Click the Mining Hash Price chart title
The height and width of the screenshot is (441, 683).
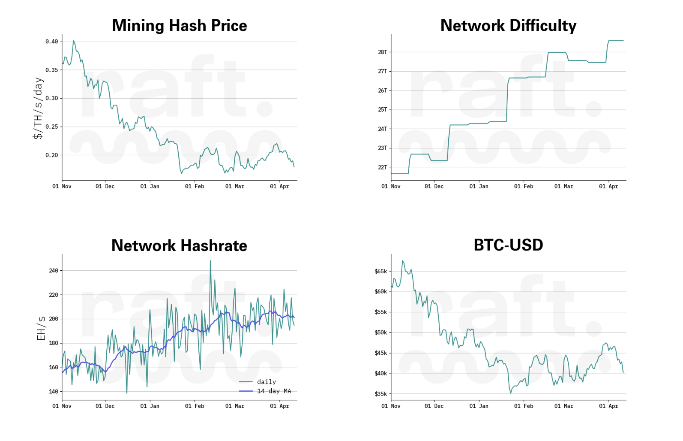(179, 26)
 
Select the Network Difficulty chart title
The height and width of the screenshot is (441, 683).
(508, 26)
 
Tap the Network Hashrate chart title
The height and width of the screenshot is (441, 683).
(179, 246)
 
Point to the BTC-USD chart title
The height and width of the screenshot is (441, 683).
(508, 245)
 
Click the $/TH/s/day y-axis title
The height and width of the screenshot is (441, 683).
(38, 108)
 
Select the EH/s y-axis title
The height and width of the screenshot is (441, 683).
(41, 328)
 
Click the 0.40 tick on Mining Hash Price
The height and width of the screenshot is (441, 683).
(52, 42)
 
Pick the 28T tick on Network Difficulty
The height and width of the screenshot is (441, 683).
(382, 52)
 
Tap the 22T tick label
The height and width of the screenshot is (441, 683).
(382, 167)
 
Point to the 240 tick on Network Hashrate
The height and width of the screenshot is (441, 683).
(54, 271)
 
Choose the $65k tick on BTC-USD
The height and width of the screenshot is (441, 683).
(380, 272)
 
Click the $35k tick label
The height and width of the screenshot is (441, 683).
(380, 394)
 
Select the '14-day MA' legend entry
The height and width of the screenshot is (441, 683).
(274, 391)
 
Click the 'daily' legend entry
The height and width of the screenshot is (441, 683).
(266, 382)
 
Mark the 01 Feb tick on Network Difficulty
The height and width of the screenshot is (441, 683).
(524, 186)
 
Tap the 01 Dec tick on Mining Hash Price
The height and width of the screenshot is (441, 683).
(105, 186)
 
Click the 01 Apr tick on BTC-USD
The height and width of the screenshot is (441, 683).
(608, 406)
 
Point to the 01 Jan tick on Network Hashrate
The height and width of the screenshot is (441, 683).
(150, 406)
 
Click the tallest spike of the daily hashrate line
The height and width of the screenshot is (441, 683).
(210, 261)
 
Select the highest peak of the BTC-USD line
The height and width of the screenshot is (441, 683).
(402, 261)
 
